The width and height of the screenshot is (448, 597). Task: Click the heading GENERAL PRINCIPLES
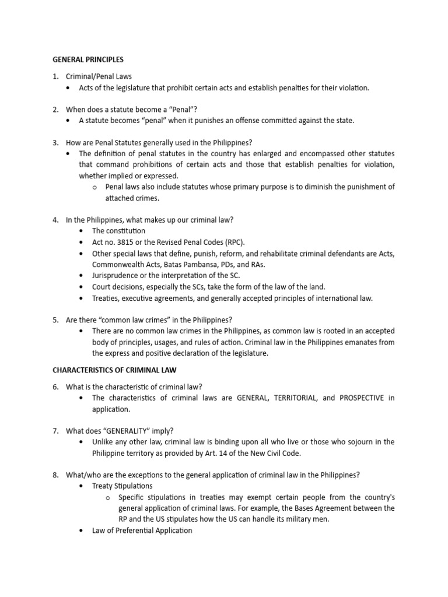[x=88, y=59]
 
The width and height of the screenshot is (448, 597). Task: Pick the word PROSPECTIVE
[x=362, y=398]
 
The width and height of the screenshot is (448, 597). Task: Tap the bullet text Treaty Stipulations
[x=123, y=486]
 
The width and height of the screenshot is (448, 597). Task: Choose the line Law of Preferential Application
[x=142, y=531]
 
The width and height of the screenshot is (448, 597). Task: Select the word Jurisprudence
[x=117, y=276]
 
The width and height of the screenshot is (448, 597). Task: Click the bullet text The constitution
[x=118, y=231]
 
